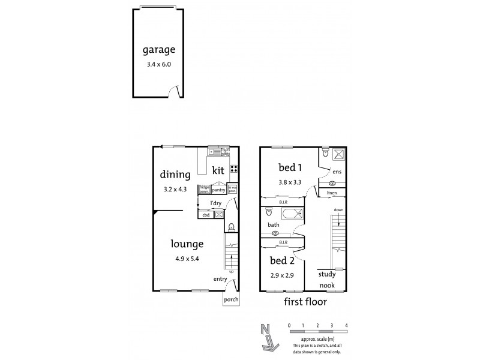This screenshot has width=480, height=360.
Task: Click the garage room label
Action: pyautogui.click(x=158, y=50)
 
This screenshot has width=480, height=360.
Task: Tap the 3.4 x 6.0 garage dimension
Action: pyautogui.click(x=159, y=64)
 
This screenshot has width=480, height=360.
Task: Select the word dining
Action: pyautogui.click(x=175, y=175)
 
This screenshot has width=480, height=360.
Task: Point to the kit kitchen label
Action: pyautogui.click(x=218, y=171)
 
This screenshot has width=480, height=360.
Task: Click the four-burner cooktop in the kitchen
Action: pyautogui.click(x=234, y=169)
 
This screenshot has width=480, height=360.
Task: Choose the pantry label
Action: pyautogui.click(x=218, y=190)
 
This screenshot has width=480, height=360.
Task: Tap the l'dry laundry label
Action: pyautogui.click(x=209, y=203)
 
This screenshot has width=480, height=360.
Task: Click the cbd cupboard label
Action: pyautogui.click(x=205, y=214)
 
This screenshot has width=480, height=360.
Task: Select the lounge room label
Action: pyautogui.click(x=187, y=244)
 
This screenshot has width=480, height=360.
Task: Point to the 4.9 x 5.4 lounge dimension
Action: pyautogui.click(x=187, y=259)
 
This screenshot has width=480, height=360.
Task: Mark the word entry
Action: pyautogui.click(x=220, y=280)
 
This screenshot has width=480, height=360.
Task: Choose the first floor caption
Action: pyautogui.click(x=305, y=302)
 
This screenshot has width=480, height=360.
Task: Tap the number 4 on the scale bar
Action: pyautogui.click(x=346, y=325)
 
